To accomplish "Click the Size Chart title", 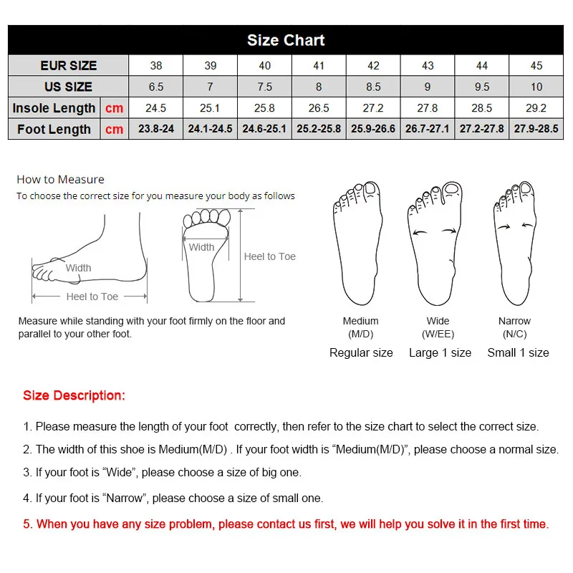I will [x=286, y=40].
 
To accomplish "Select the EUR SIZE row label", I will [x=68, y=65].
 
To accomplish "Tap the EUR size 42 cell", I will [x=373, y=65].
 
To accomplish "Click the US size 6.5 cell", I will [x=155, y=87].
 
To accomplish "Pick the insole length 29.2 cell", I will [x=536, y=108].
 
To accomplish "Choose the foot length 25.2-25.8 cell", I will [x=319, y=130].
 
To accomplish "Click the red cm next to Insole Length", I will [x=114, y=108].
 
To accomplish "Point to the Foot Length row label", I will [x=54, y=130].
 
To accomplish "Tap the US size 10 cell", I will [x=536, y=87].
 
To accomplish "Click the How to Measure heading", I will [x=60, y=179].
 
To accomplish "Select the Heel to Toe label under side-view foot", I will [x=92, y=297].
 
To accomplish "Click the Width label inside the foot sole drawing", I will [x=201, y=247].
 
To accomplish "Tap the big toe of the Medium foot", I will [x=370, y=189].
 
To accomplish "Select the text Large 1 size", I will [x=440, y=352].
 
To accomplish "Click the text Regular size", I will [x=361, y=352].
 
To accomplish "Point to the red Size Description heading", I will [x=74, y=395].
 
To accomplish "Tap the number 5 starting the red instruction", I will [x=27, y=524].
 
